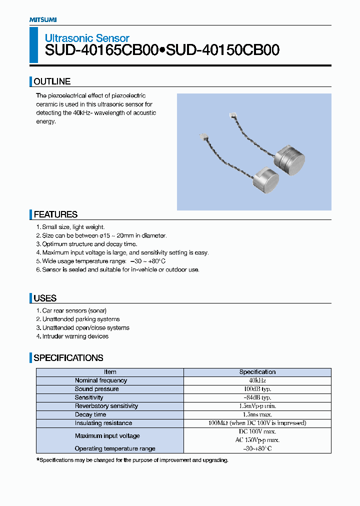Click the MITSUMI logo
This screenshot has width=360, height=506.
pos(43,19)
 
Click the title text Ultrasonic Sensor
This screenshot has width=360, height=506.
pos(87,38)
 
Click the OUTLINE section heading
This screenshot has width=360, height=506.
pos(52,81)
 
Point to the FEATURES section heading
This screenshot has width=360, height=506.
pos(55,214)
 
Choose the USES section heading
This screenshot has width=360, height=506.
pos(45,298)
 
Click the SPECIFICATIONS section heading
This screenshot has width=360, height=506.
pos(68,358)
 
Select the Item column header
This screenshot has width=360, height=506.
pos(110,372)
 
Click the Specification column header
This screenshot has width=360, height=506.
pos(257,372)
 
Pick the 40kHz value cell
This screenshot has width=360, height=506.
pos(257,380)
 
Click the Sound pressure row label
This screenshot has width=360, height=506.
pos(97,389)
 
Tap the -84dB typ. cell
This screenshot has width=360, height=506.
pos(257,397)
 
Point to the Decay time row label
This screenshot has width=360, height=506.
pos(90,414)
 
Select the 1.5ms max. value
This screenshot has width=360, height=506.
pos(257,414)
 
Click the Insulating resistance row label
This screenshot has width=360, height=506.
pos(103,423)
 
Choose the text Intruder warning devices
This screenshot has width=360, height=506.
pos(75,336)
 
